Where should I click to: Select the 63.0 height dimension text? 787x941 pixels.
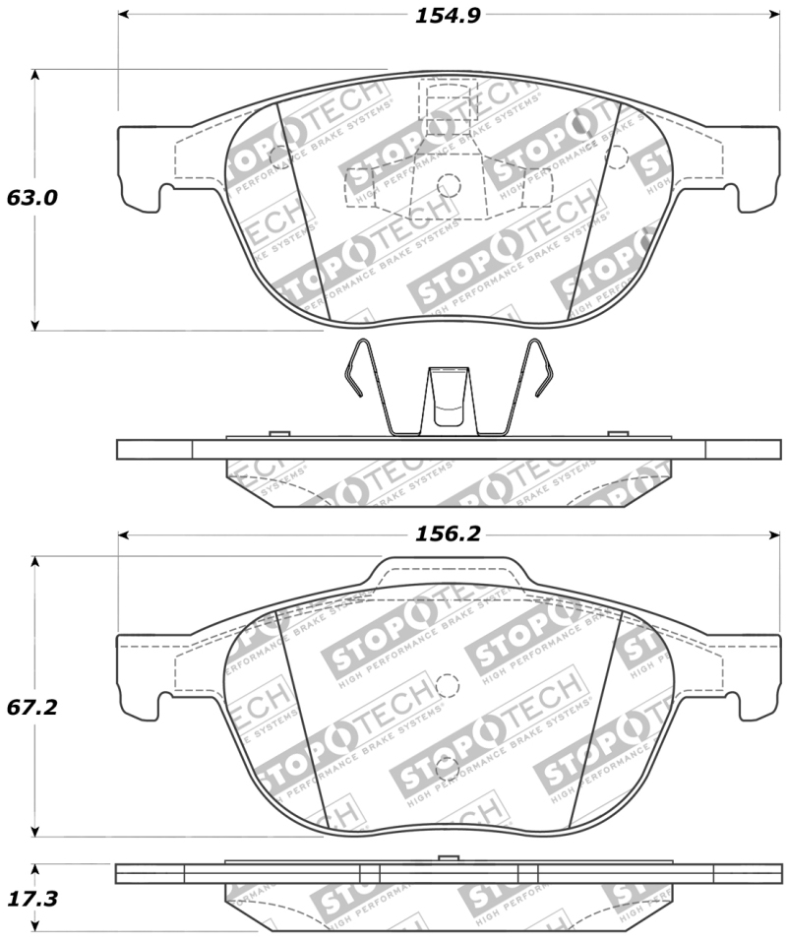(x=32, y=197)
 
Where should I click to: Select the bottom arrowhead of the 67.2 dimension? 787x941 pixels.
(x=36, y=831)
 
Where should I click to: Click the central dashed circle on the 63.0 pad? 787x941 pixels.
(x=449, y=184)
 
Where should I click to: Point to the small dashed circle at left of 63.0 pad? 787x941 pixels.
(x=278, y=155)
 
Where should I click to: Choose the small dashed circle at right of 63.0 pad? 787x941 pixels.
(x=617, y=155)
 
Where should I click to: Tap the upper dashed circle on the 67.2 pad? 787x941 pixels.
(x=448, y=686)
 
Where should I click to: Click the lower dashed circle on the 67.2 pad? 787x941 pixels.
(x=448, y=768)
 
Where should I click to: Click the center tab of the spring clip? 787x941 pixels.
(x=449, y=399)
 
